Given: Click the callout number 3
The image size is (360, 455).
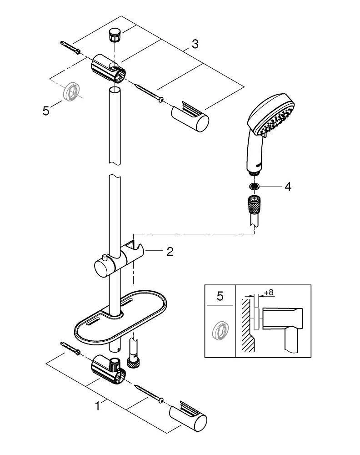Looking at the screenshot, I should (x=195, y=44).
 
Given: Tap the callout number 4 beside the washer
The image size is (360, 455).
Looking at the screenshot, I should (x=287, y=187).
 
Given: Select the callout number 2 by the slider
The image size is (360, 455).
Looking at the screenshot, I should (x=170, y=252).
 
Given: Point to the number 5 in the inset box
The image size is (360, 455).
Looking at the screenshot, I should (x=220, y=297).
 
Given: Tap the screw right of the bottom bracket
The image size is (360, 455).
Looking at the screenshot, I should (x=149, y=393).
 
